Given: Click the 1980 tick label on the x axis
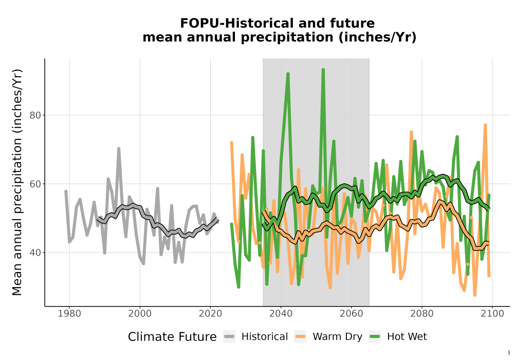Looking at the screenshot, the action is click(69, 314).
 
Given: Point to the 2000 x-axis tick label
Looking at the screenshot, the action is click(140, 314).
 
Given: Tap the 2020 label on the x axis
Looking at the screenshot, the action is click(210, 314).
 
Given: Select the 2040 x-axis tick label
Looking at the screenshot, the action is click(281, 314).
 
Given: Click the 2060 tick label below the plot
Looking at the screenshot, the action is click(352, 314).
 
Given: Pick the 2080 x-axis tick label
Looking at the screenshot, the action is click(422, 314).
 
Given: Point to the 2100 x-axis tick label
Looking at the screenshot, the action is click(492, 314).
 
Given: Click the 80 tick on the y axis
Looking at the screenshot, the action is click(35, 115).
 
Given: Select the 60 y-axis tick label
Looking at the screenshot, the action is click(35, 184).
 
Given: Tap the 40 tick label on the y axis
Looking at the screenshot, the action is click(35, 253).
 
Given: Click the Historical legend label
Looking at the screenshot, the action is click(265, 337).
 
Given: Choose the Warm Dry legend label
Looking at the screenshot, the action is click(337, 337).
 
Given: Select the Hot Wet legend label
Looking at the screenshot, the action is click(407, 337).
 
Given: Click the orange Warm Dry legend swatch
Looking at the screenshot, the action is click(300, 337).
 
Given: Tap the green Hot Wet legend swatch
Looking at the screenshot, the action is click(375, 337).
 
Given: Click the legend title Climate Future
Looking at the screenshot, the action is click(172, 337).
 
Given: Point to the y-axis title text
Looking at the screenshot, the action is click(17, 182).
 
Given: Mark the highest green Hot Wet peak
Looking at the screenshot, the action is click(323, 69).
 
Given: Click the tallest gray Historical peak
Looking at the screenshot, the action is click(119, 149).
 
